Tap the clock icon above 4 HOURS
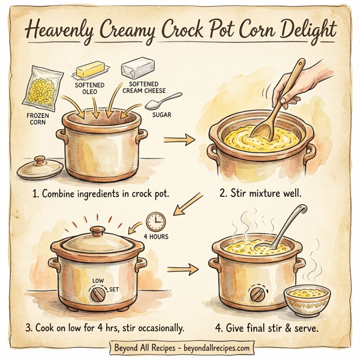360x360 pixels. point(155,220)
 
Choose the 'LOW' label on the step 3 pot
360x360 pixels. point(98,280)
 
